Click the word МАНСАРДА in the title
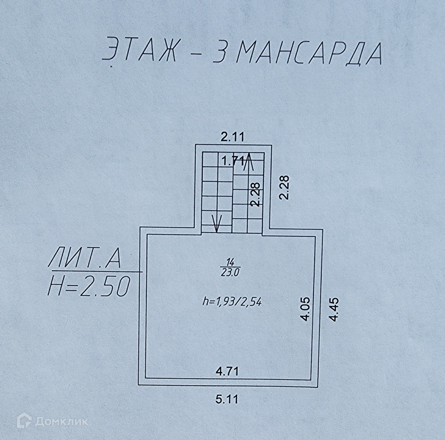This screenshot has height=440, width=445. (x=311, y=53)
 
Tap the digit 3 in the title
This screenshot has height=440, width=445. (x=222, y=53)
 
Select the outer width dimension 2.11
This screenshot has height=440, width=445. (x=233, y=138)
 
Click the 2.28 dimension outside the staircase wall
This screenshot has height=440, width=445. (x=284, y=187)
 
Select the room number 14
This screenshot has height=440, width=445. (x=230, y=262)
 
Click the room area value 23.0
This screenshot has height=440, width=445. (x=230, y=272)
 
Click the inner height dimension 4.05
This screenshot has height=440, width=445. (x=306, y=309)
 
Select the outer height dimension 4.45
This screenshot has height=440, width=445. (x=334, y=309)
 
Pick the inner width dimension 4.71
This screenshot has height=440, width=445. (x=227, y=371)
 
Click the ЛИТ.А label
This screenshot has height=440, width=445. (x=84, y=260)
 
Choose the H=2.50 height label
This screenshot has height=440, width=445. (x=89, y=286)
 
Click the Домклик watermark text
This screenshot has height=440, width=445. (x=61, y=421)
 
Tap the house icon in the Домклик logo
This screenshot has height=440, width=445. (x=24, y=421)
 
